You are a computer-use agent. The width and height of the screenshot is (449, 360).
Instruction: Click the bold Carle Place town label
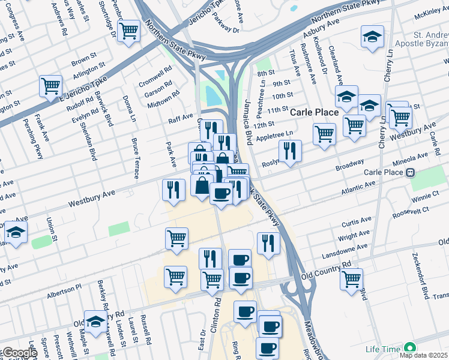315,112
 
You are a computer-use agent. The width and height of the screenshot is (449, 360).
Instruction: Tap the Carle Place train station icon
411,173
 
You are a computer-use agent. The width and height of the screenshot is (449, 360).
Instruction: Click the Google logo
19,353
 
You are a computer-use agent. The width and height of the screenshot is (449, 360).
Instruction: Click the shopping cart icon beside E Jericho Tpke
50,85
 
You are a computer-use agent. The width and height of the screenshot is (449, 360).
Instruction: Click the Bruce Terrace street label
135,158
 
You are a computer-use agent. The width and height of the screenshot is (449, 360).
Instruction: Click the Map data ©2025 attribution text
423,355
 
